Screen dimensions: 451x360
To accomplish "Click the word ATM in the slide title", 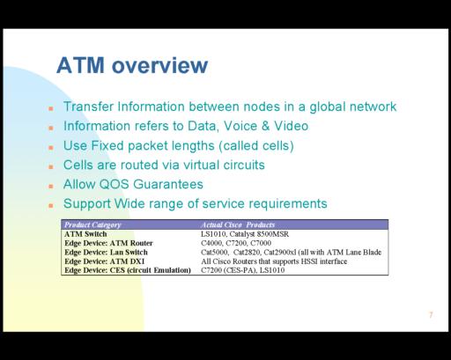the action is (x=80, y=65).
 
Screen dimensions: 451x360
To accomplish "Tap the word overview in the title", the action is (x=160, y=65).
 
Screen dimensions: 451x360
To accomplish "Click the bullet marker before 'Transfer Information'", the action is (x=51, y=109).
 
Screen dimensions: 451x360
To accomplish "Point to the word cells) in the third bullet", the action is (x=278, y=146).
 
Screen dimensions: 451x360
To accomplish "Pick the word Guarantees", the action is (x=168, y=185).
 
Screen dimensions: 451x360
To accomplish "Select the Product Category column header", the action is (x=92, y=224).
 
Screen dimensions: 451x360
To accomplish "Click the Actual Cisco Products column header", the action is (x=238, y=224).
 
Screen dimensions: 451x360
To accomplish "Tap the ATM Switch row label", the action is (x=85, y=234).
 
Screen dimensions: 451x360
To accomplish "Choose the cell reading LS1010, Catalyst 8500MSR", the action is (x=245, y=234).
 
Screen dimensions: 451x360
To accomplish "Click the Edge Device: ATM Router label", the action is (x=108, y=243).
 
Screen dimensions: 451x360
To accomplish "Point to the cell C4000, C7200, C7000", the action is (x=236, y=243).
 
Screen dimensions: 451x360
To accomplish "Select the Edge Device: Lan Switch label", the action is (x=106, y=253).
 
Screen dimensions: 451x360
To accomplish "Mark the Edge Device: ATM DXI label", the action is (x=104, y=261).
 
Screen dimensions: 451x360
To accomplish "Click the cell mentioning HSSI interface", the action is (x=274, y=261).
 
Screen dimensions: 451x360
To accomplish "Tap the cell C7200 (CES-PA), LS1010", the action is (x=243, y=270).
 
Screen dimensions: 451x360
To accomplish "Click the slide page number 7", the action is (x=431, y=315).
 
